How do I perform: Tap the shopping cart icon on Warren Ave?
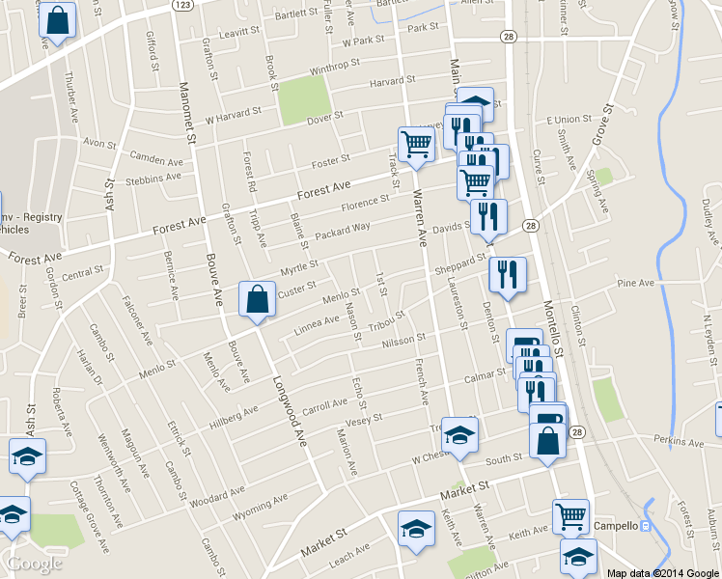[415, 145]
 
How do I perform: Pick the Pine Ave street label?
[636, 284]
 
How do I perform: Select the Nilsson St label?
[403, 342]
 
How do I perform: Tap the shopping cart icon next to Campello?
[570, 516]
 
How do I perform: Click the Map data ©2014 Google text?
[662, 573]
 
